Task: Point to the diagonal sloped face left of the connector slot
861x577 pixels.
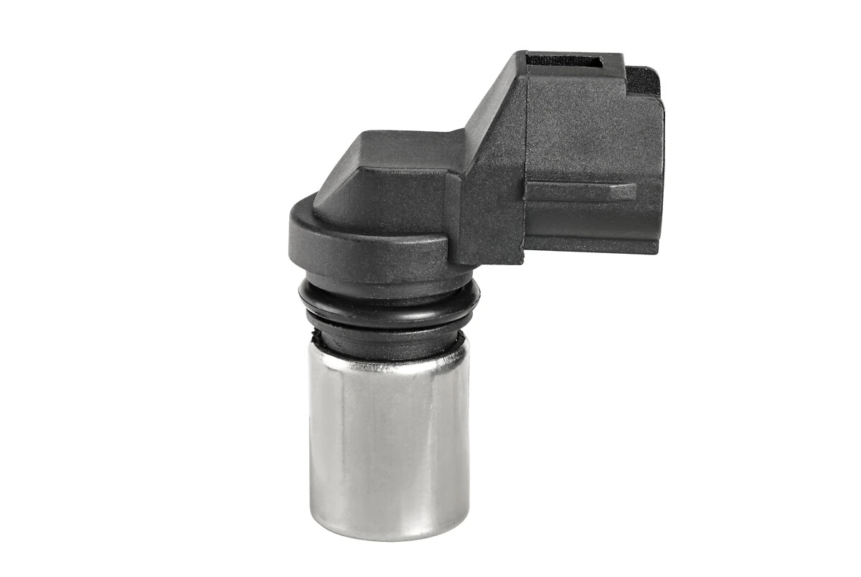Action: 495,108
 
